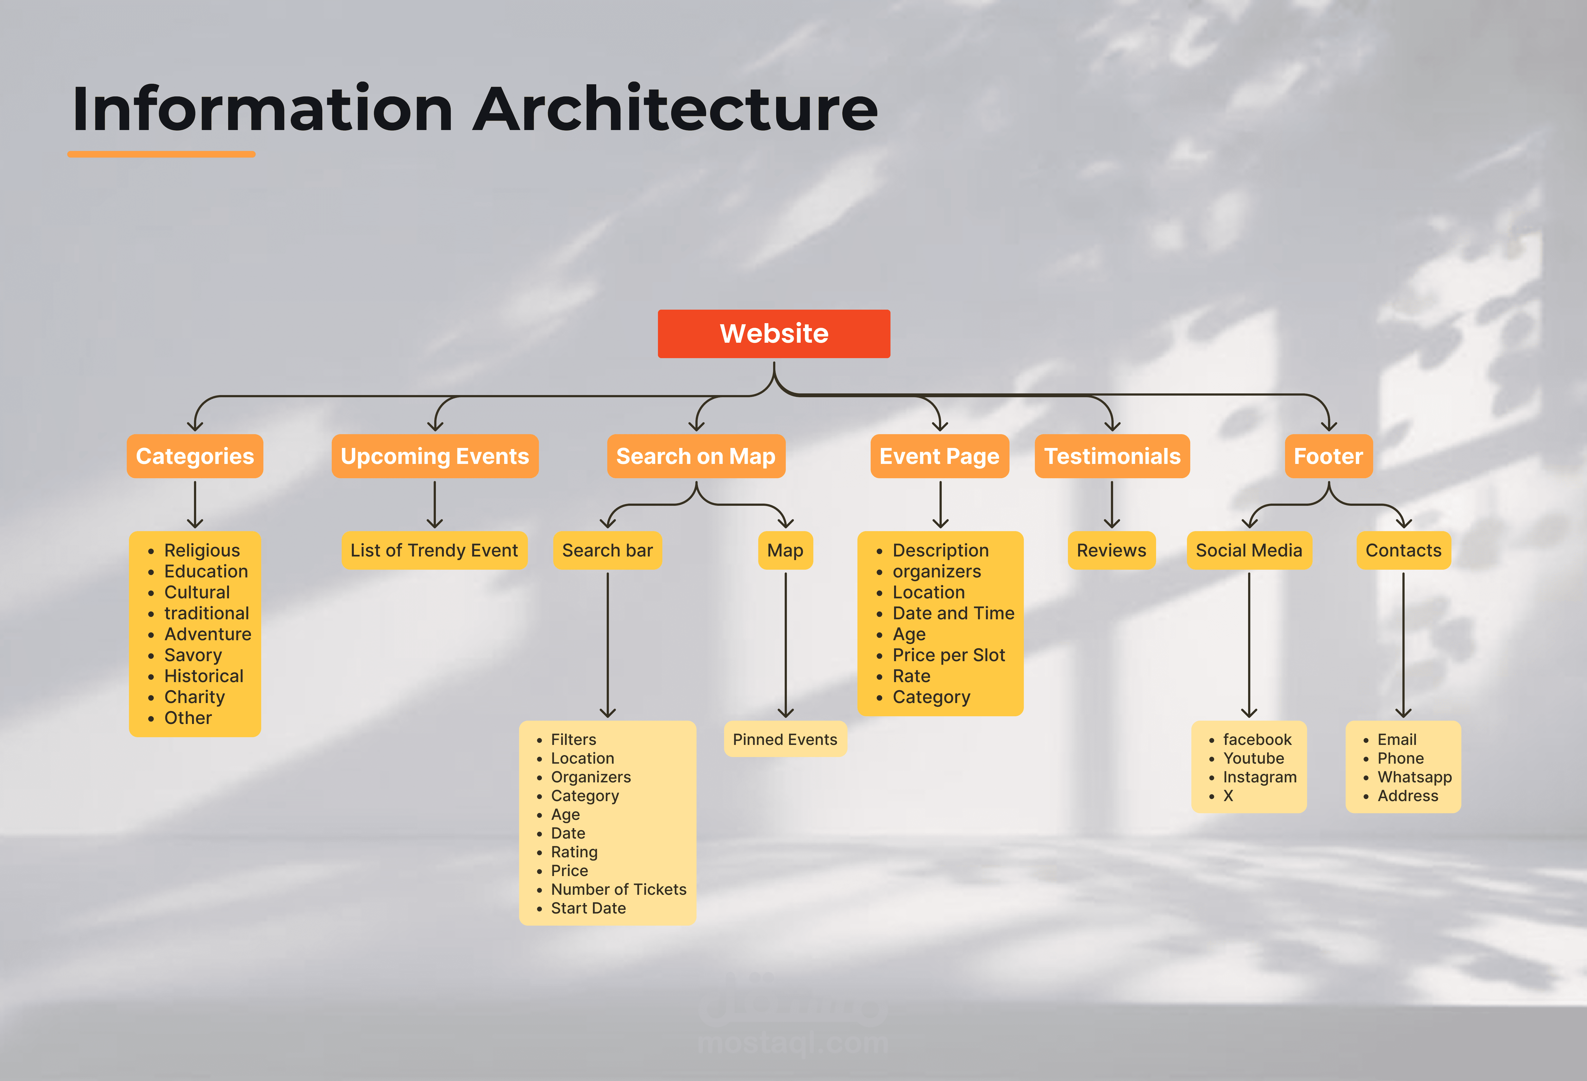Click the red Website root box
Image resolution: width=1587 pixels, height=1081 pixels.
(774, 334)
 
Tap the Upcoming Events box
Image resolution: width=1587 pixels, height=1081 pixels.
(435, 456)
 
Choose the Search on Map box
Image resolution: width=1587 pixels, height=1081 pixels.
(696, 456)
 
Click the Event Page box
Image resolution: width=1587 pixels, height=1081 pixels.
(940, 456)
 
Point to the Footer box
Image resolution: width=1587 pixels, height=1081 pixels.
(1328, 456)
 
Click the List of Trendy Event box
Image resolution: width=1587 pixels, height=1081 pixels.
(434, 550)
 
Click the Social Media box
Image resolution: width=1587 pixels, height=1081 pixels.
(1249, 550)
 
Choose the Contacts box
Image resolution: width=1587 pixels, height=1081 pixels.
(1403, 550)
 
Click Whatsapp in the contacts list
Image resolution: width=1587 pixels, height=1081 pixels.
(1414, 777)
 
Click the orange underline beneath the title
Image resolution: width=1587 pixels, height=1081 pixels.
(161, 154)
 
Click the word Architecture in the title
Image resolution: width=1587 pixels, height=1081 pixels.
(675, 109)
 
